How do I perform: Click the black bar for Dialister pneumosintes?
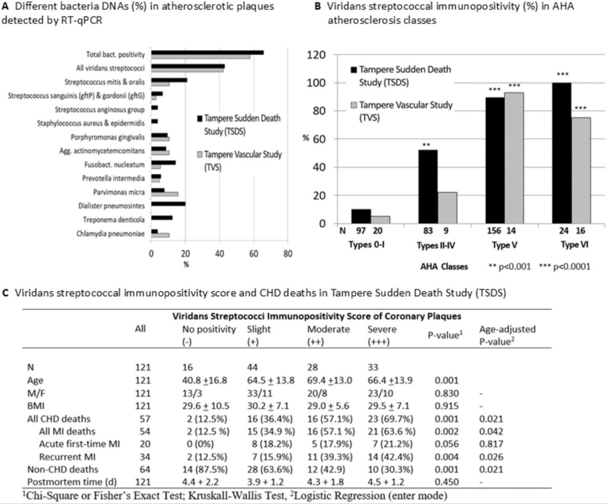pyautogui.click(x=169, y=204)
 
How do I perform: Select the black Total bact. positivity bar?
pyautogui.click(x=207, y=53)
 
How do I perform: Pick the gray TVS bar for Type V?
pyautogui.click(x=514, y=158)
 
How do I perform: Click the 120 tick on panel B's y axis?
pyautogui.click(x=321, y=55)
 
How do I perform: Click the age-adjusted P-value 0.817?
pyautogui.click(x=490, y=445)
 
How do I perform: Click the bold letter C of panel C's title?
pyautogui.click(x=5, y=293)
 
